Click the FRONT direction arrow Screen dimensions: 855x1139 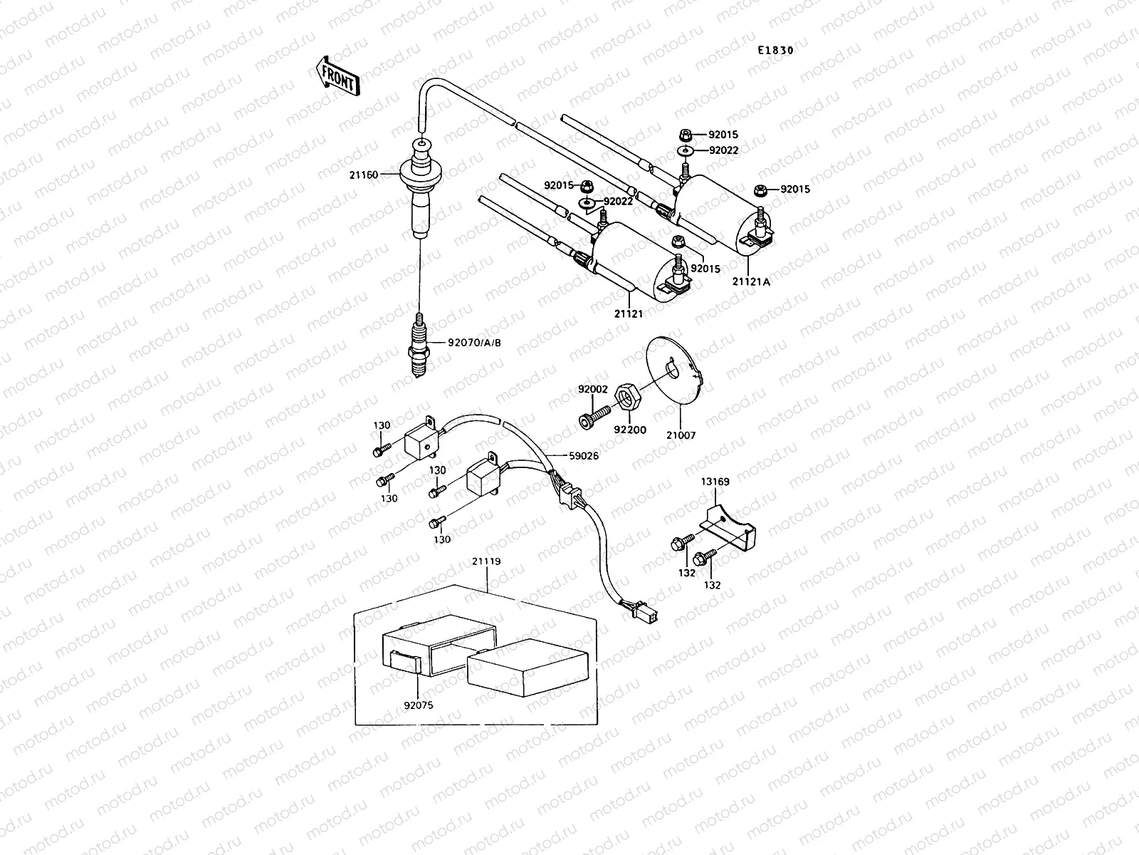point(336,76)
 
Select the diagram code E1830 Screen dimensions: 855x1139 point(775,51)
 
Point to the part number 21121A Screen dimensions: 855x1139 point(751,281)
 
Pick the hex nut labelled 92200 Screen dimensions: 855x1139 point(626,396)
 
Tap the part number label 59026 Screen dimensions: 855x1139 point(583,456)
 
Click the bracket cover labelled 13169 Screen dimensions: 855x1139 point(733,527)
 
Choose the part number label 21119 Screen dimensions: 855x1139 point(486,561)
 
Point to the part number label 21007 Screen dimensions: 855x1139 point(681,435)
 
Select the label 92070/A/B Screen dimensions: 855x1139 point(474,343)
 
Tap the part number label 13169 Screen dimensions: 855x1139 point(715,482)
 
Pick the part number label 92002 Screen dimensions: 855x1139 point(592,389)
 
